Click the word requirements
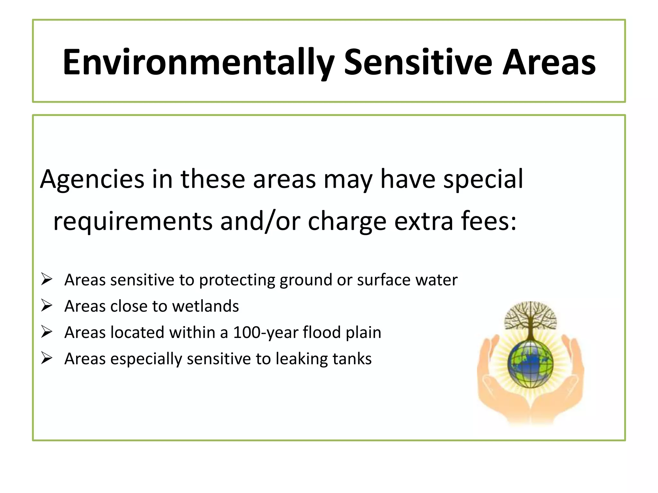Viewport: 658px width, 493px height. coord(133,221)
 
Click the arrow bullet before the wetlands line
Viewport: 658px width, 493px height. coord(47,306)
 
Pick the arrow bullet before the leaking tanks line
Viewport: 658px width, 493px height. coord(47,359)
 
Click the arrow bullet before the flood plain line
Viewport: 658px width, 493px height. coord(47,332)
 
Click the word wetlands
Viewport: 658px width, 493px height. coord(206,306)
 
